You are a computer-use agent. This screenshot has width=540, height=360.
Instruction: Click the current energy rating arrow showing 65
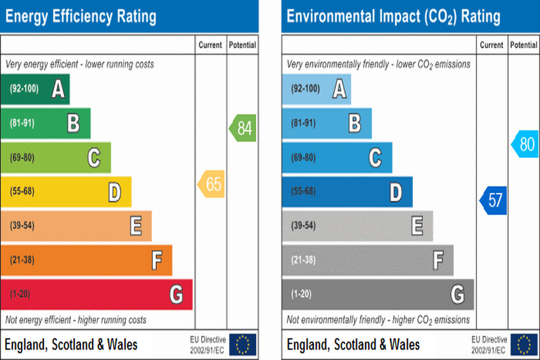[211, 185]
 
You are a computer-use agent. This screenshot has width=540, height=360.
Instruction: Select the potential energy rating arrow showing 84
[243, 128]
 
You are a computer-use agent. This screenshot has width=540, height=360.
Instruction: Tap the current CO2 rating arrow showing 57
[493, 200]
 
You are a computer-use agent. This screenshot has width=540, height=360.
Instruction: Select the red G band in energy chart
[96, 294]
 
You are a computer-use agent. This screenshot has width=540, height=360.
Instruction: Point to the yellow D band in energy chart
[66, 192]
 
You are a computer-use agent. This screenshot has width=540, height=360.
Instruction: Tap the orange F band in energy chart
[86, 260]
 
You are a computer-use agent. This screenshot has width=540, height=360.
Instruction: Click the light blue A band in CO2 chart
[316, 89]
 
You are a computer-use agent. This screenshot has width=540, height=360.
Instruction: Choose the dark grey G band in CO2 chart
[378, 294]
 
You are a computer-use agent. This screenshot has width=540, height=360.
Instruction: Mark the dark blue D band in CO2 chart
[347, 192]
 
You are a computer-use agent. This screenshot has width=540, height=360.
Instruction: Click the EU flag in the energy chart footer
[243, 344]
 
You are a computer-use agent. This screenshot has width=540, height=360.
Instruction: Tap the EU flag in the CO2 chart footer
[524, 344]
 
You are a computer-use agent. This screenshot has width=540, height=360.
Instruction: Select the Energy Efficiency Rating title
[81, 16]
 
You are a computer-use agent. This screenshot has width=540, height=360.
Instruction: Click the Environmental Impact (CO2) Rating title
[393, 16]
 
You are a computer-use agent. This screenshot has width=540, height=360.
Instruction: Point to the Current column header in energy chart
[211, 45]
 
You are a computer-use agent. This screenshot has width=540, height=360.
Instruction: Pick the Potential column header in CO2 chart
[524, 45]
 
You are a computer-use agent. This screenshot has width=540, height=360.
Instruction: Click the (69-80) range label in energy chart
[22, 157]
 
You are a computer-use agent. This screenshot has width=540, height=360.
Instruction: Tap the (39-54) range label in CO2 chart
[303, 226]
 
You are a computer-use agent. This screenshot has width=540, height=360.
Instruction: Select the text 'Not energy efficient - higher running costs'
[76, 320]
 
